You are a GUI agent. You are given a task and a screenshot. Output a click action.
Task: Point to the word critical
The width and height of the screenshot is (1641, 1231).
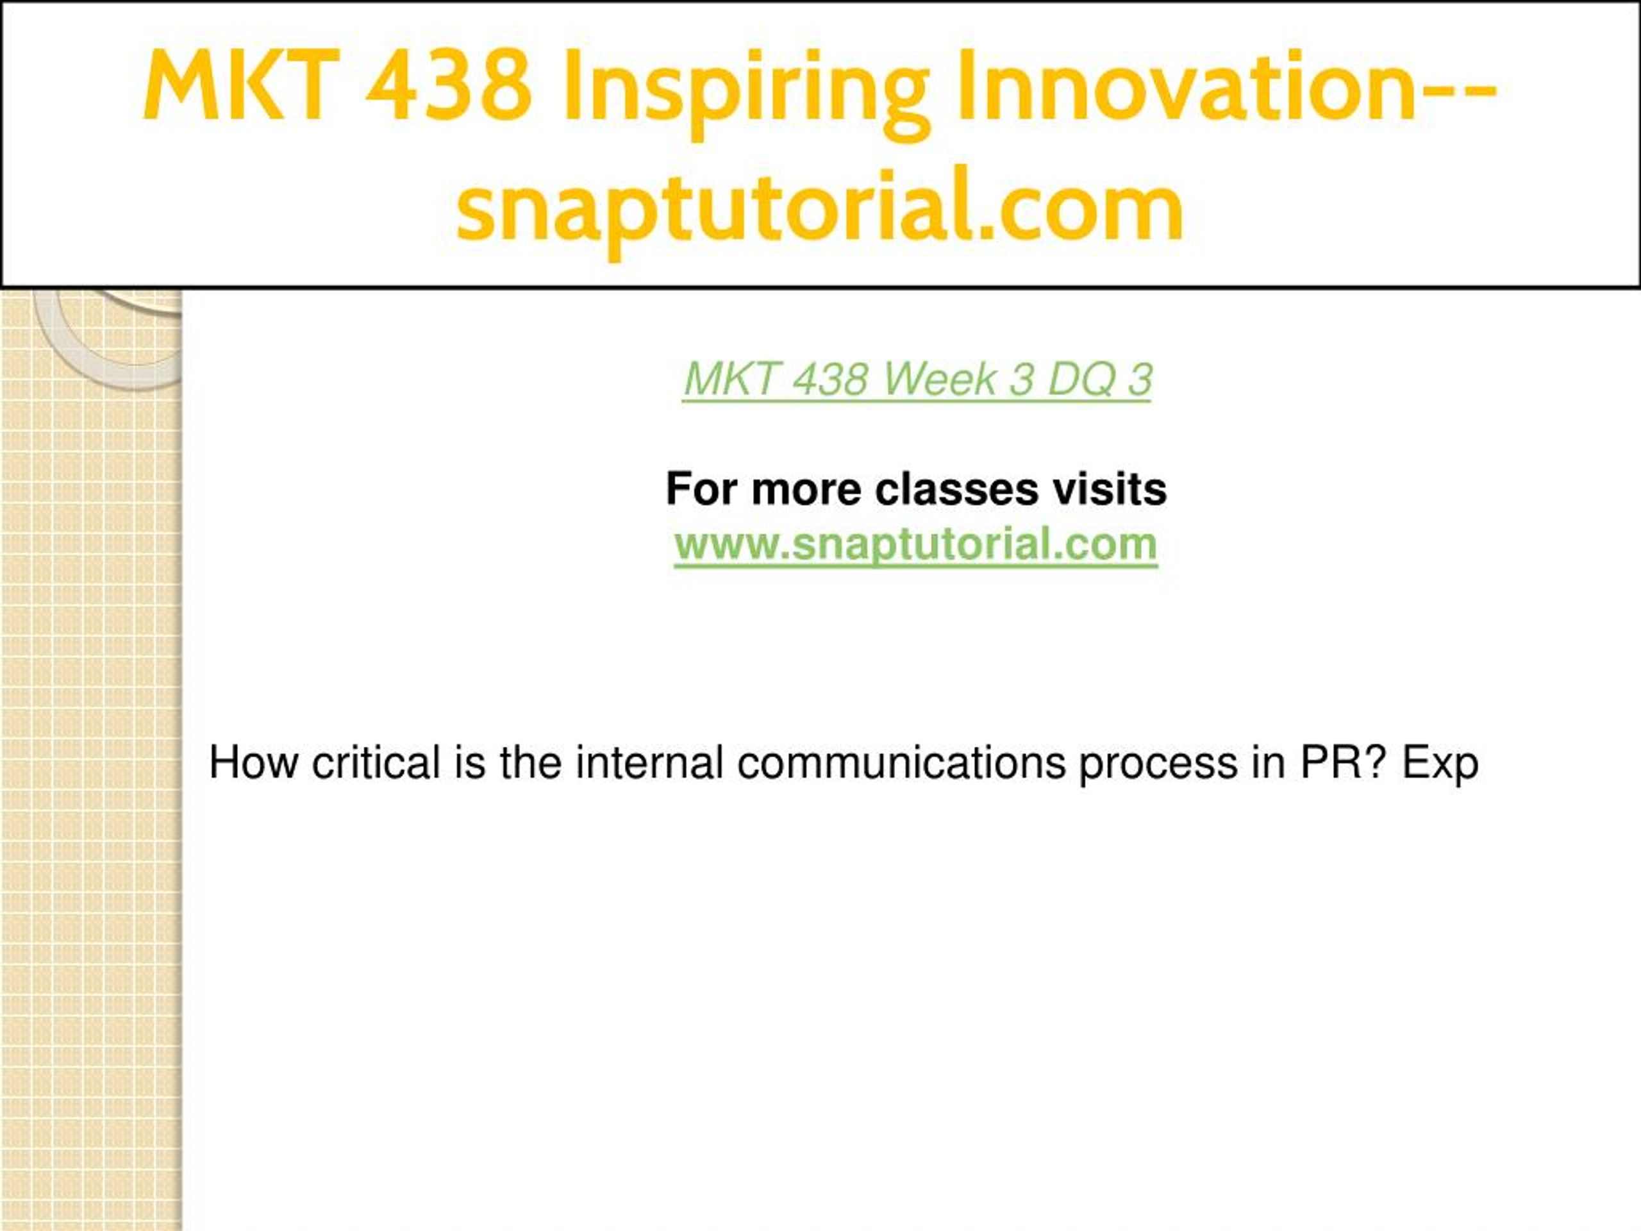click(x=376, y=762)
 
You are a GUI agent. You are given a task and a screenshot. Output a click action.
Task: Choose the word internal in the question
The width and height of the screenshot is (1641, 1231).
click(x=649, y=762)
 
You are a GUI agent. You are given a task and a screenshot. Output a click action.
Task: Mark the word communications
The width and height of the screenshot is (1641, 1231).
click(x=901, y=762)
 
